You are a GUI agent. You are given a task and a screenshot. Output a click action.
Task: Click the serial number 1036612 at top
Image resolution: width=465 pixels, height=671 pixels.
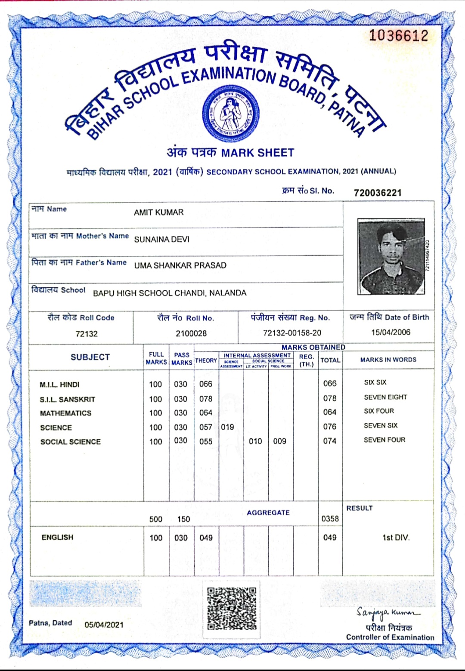pos(399,35)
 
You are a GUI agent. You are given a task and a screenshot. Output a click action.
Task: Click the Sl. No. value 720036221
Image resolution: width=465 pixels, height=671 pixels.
pos(378,193)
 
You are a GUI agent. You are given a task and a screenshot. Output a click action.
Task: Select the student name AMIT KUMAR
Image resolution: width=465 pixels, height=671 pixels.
pos(159,212)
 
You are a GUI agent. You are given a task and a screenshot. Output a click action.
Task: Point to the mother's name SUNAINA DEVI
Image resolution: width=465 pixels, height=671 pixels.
pos(161,240)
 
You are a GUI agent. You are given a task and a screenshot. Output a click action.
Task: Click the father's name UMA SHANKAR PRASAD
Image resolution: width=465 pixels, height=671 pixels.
pos(180,265)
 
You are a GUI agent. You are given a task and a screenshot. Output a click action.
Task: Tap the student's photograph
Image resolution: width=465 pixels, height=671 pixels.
pos(391,256)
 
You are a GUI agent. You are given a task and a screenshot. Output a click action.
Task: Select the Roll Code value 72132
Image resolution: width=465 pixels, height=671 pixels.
pos(87,334)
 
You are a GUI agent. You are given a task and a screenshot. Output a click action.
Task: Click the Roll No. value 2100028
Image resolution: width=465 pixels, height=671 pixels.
pos(191,333)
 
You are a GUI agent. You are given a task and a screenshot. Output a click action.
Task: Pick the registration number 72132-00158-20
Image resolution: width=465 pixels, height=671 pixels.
pos(292,333)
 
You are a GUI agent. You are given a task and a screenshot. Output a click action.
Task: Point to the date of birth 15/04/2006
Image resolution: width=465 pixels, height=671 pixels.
pos(391,332)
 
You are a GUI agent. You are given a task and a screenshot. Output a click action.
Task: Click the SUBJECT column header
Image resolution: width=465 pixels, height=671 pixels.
pos(90,357)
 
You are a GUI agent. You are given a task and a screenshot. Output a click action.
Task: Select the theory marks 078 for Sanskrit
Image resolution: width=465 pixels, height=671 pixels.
pos(206,399)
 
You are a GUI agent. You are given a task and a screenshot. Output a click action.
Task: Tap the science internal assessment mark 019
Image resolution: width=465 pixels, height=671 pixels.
pos(227,427)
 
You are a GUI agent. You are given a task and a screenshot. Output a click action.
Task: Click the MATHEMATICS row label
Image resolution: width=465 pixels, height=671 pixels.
pos(65,413)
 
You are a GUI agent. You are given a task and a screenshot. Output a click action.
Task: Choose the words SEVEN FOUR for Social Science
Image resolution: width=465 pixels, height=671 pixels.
pos(384,440)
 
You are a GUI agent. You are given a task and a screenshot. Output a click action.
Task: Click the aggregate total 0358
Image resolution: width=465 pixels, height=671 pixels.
pos(330,519)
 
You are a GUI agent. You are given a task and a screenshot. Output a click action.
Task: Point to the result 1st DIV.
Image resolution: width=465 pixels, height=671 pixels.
pos(396,538)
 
